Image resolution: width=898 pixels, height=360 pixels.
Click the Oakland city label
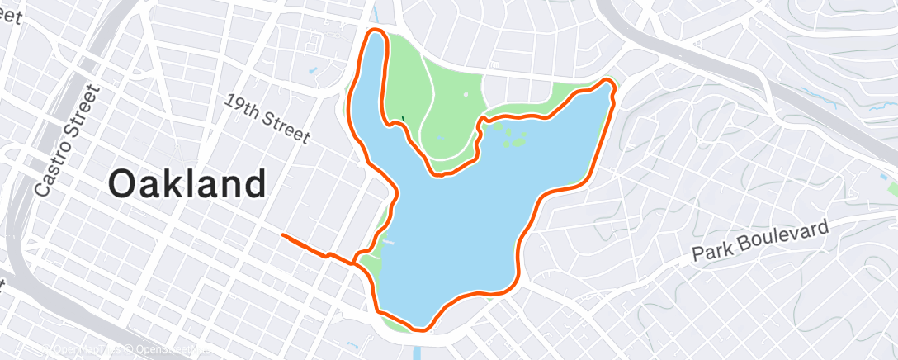point(187,183)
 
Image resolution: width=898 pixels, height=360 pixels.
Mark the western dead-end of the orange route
point(283,235)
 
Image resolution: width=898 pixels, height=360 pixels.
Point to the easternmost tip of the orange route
point(615,87)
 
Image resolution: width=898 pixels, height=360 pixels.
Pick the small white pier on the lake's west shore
point(387,243)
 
